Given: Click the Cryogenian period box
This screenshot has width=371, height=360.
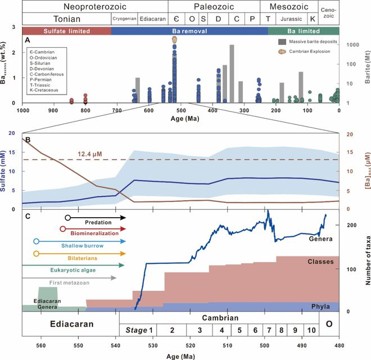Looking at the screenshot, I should [x=124, y=19].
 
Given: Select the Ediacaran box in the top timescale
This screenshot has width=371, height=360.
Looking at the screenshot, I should [x=152, y=19].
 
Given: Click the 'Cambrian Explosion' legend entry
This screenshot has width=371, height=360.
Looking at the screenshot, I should [x=311, y=51].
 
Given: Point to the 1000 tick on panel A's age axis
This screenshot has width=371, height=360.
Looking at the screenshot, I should [x=22, y=110].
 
